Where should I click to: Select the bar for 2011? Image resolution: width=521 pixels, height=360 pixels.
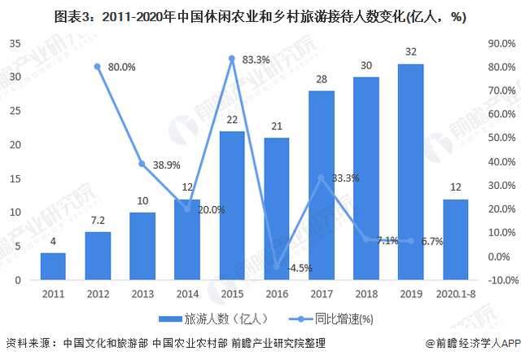pyautogui.click(x=53, y=266)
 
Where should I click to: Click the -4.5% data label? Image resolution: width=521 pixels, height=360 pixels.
pyautogui.click(x=300, y=268)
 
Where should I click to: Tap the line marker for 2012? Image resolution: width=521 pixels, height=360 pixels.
pyautogui.click(x=98, y=67)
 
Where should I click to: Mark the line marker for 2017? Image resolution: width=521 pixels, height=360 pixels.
pyautogui.click(x=322, y=178)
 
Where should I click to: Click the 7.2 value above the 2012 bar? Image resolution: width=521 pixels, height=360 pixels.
pyautogui.click(x=98, y=222)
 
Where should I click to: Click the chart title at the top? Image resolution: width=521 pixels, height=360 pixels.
pyautogui.click(x=260, y=15)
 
